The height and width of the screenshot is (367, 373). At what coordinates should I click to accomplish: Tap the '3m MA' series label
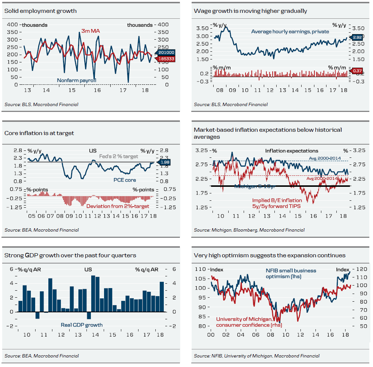pyautogui.click(x=91, y=31)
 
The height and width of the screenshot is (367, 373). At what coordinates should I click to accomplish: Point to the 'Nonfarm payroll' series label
pyautogui.click(x=76, y=80)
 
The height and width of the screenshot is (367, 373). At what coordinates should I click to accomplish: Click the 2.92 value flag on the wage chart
pyautogui.click(x=358, y=37)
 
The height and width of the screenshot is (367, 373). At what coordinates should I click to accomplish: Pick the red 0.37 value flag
pyautogui.click(x=358, y=70)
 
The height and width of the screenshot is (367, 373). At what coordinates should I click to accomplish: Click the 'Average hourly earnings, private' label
pyautogui.click(x=290, y=32)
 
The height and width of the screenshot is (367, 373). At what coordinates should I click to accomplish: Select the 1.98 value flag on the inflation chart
pyautogui.click(x=166, y=162)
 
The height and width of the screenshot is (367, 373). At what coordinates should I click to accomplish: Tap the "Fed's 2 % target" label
pyautogui.click(x=119, y=156)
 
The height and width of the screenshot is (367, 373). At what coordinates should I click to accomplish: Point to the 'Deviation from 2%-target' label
pyautogui.click(x=118, y=206)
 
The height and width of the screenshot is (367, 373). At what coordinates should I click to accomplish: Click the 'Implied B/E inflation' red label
pyautogui.click(x=277, y=200)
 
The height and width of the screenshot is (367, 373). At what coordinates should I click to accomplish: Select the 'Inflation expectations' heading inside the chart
pyautogui.click(x=292, y=151)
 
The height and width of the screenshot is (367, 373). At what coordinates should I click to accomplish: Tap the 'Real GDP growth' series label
pyautogui.click(x=81, y=325)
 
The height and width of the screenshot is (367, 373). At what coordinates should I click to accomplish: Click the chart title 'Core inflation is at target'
pyautogui.click(x=39, y=133)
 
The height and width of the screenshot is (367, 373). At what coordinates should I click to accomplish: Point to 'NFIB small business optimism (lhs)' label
pyautogui.click(x=291, y=273)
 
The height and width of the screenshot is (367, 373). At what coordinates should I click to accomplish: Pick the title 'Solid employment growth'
pyautogui.click(x=41, y=11)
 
